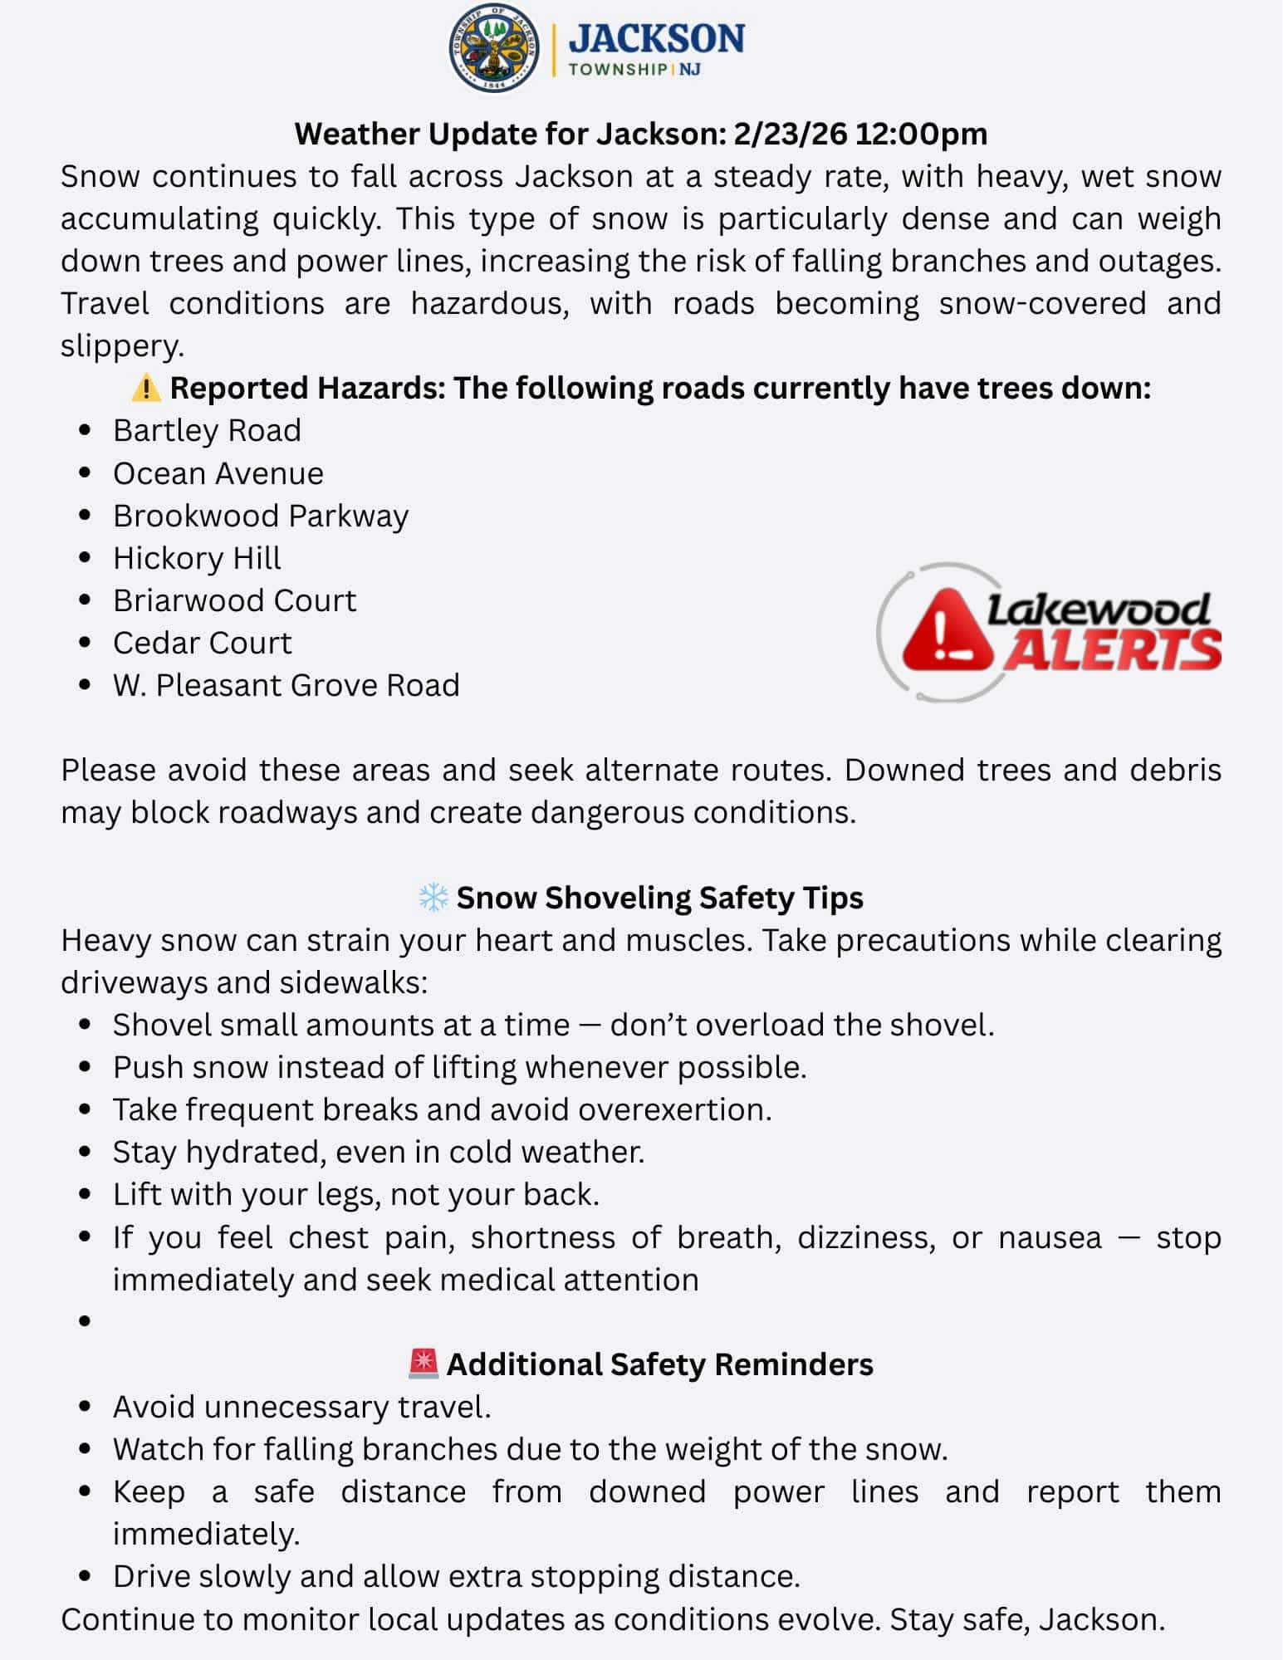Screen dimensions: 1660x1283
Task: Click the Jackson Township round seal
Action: [x=494, y=47]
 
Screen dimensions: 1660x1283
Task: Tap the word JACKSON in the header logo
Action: [x=656, y=38]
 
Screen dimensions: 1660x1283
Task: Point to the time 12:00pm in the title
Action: [x=921, y=134]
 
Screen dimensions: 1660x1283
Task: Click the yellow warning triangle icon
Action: [x=146, y=387]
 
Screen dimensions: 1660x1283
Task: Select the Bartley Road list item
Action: [x=207, y=430]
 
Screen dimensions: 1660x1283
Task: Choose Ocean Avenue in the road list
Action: [x=218, y=473]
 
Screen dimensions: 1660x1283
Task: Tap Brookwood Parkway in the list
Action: [x=261, y=516]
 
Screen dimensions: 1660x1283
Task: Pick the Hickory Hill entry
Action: [x=197, y=558]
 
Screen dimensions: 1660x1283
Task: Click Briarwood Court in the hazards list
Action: [x=234, y=600]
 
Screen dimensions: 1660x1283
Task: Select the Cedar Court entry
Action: [x=203, y=643]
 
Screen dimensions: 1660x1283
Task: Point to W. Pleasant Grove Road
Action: [x=286, y=685]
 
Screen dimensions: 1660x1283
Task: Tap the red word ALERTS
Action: [x=1112, y=650]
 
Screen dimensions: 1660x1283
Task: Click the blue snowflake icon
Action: [x=433, y=898]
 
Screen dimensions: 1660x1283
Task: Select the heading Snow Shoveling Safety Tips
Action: [x=659, y=898]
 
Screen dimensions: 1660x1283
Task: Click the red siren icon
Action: [x=424, y=1364]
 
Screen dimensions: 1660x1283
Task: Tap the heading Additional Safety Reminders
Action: [x=659, y=1364]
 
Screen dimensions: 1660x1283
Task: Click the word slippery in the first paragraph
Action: [x=121, y=345]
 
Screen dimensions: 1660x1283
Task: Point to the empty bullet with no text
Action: [x=85, y=1321]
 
